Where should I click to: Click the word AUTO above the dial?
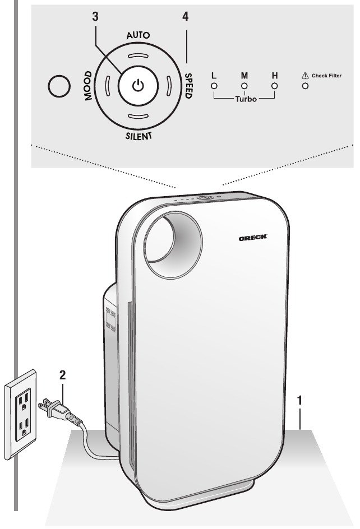pos(138,35)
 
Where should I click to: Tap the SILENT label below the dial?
pos(139,136)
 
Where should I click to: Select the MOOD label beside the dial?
pos(88,86)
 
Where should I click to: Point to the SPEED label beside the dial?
pos(188,86)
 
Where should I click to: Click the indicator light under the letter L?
pos(214,86)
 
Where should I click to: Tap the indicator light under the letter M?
pos(244,86)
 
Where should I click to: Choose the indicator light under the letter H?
pos(275,86)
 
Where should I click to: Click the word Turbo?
pos(246,99)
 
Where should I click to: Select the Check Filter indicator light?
pos(305,86)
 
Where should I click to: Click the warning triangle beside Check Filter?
pos(305,76)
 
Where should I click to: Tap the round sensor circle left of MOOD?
pos(59,86)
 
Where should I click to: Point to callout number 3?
pos(95,16)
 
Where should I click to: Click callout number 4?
pos(186,16)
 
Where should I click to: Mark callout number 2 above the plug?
pos(62,375)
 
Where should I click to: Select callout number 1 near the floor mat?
pos(299,400)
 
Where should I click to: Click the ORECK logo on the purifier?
pos(253,238)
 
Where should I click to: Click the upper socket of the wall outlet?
pos(23,401)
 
